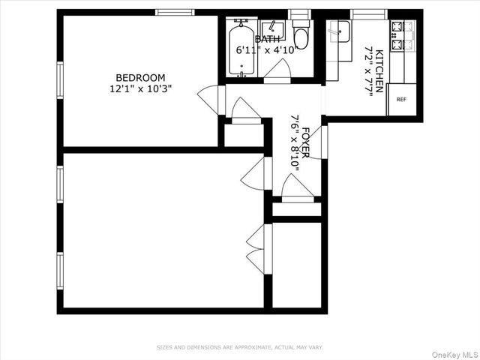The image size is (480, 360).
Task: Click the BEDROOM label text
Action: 140,77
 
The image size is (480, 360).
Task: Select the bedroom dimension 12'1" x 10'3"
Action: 140,88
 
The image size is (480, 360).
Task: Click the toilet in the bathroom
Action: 301,37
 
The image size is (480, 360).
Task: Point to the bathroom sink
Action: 273,30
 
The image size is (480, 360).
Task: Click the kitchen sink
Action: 339,31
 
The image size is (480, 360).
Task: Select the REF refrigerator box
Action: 401,99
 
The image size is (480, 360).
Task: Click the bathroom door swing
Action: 277,69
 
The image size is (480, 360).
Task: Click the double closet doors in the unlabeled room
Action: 255,248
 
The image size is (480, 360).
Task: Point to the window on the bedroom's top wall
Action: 175,12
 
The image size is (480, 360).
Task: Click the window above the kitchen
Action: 368,13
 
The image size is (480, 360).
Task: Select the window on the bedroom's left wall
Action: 60,79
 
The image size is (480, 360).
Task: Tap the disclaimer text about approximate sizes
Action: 239,347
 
